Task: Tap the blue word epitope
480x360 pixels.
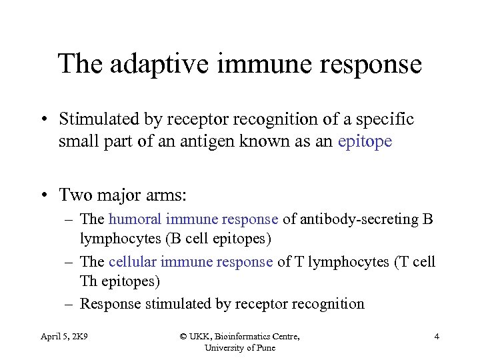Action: [365, 142]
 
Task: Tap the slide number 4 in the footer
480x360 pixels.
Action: [437, 337]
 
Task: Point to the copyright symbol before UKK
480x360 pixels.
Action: [183, 337]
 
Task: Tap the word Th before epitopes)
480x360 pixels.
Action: [89, 281]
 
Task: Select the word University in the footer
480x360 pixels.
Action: [227, 347]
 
